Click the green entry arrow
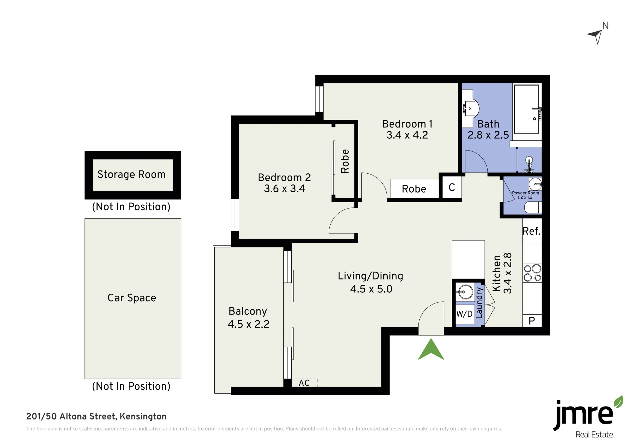click(x=431, y=350)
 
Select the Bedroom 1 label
click(x=407, y=129)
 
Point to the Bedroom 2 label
click(x=284, y=183)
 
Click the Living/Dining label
click(x=371, y=282)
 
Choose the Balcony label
click(x=248, y=317)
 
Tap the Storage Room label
click(x=131, y=174)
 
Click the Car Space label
click(x=132, y=298)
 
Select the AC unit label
click(x=304, y=383)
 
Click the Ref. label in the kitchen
click(x=531, y=231)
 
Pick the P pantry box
click(x=532, y=321)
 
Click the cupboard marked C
click(x=452, y=187)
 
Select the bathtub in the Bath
click(x=526, y=109)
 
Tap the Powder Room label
click(x=525, y=195)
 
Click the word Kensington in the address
click(x=143, y=417)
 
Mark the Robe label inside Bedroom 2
click(x=345, y=161)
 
